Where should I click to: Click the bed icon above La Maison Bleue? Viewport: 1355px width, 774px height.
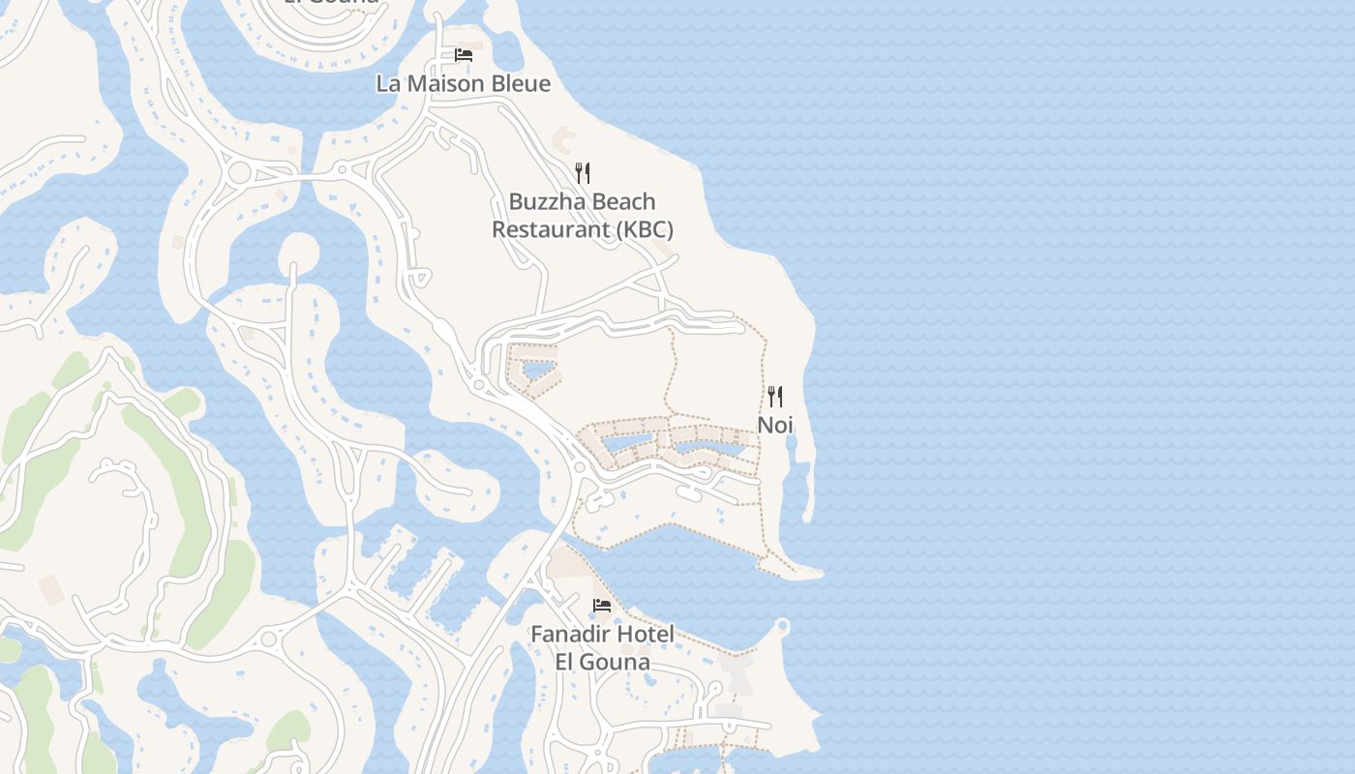click(x=464, y=54)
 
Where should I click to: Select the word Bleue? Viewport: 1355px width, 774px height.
click(x=522, y=83)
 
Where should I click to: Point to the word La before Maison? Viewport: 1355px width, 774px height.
click(x=388, y=83)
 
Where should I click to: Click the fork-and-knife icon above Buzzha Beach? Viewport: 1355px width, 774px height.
click(x=582, y=173)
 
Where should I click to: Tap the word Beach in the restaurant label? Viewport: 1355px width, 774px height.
click(x=623, y=202)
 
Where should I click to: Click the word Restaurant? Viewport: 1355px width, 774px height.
click(x=548, y=230)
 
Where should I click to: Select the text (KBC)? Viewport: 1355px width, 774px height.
click(x=642, y=230)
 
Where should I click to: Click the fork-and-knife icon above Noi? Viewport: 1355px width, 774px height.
click(x=774, y=396)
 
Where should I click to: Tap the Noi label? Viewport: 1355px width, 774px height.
click(x=774, y=425)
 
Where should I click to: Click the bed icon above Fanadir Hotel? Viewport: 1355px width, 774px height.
click(x=601, y=606)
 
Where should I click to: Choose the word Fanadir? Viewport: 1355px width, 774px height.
click(x=571, y=635)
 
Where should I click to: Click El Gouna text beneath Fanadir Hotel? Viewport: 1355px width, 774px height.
click(x=601, y=663)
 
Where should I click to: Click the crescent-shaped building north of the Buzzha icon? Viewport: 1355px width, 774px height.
click(x=562, y=141)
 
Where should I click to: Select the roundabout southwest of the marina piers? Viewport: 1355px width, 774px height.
click(x=268, y=639)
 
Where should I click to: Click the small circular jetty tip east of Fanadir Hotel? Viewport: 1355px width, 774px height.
click(x=782, y=628)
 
